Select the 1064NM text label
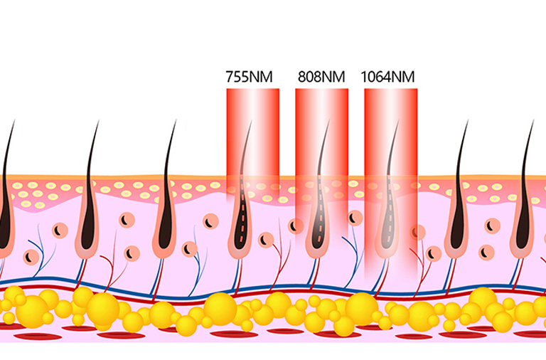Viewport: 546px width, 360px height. (x=388, y=76)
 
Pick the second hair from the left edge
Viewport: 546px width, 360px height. (x=89, y=192)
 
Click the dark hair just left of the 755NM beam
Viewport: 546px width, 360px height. (x=168, y=192)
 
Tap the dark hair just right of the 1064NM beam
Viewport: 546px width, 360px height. (x=459, y=192)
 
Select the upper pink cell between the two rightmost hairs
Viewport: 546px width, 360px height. (x=493, y=225)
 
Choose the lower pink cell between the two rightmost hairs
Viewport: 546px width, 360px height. (x=486, y=251)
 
